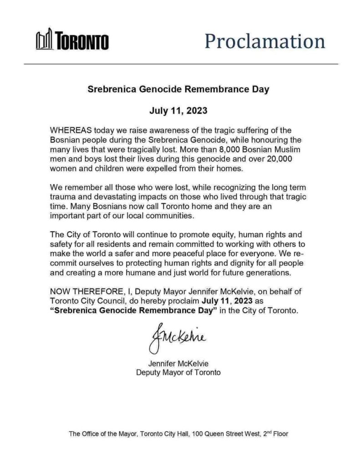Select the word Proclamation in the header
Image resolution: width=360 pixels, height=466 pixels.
click(x=264, y=41)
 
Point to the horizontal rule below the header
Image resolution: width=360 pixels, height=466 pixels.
click(x=181, y=64)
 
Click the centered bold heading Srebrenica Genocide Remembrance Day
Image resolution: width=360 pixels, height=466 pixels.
click(x=178, y=89)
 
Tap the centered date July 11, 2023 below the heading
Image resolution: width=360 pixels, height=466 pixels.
click(x=178, y=110)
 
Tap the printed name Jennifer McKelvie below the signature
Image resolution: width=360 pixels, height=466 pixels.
click(x=178, y=364)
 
